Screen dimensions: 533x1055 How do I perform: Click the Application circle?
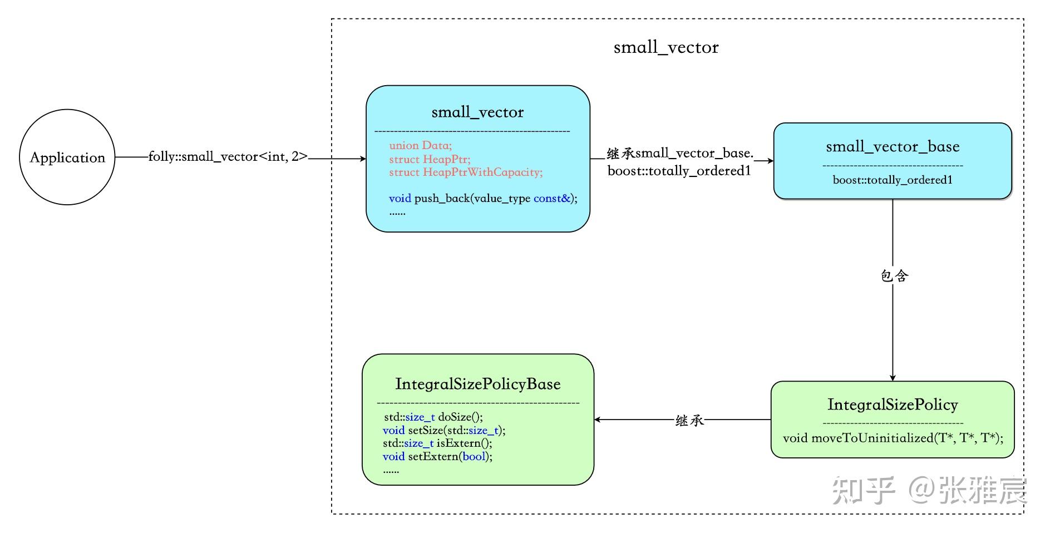67,157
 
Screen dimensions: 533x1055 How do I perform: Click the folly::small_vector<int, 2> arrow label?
228,157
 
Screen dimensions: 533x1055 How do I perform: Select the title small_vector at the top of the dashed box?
665,48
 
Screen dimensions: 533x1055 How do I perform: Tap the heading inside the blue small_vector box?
477,112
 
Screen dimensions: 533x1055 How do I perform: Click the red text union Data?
420,146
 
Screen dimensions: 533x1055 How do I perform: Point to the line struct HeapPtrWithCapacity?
465,172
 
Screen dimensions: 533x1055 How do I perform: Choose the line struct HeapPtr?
430,159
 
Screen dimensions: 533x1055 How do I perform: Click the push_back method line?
482,199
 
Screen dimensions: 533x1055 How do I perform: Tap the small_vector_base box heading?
892,147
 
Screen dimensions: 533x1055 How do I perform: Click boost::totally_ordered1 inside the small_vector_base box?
892,180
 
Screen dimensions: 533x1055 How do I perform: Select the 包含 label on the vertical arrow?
894,276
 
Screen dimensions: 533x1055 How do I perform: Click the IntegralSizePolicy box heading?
892,404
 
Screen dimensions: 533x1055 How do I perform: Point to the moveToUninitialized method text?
893,438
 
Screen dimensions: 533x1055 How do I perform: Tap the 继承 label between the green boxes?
689,421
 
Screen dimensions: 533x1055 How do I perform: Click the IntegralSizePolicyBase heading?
477,384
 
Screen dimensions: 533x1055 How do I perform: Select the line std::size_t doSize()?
433,417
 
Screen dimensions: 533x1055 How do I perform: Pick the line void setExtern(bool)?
437,456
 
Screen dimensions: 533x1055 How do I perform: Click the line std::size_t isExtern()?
437,443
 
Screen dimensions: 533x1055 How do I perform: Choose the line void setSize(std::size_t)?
443,430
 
